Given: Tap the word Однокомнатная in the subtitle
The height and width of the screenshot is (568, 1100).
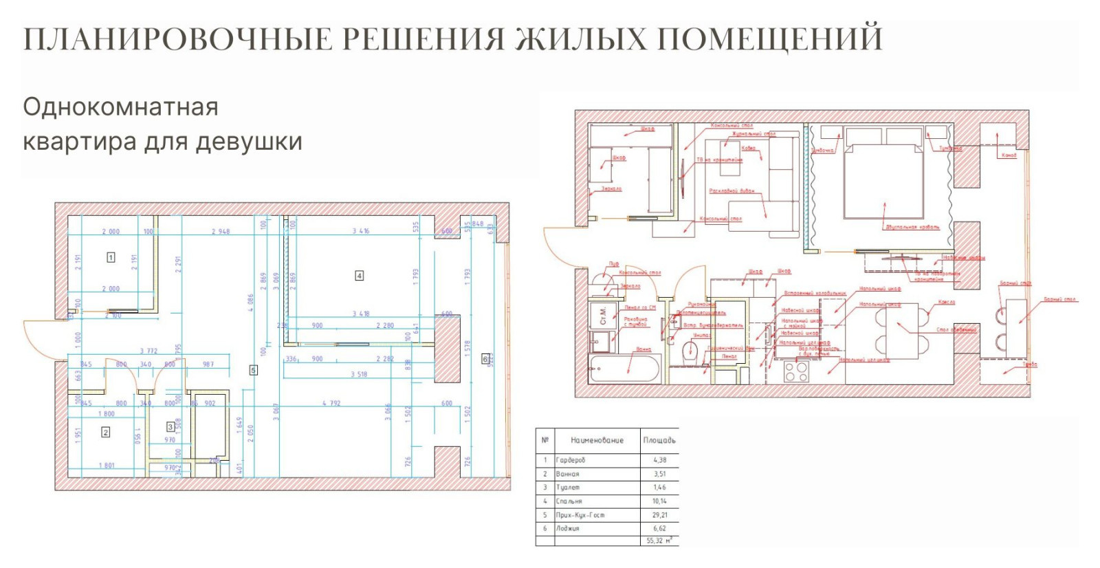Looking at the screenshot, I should (121, 107).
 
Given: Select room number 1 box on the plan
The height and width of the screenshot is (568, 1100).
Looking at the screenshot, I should (111, 257).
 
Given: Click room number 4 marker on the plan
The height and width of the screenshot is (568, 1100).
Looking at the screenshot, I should (359, 276).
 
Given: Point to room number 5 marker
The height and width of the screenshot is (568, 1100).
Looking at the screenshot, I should (253, 370).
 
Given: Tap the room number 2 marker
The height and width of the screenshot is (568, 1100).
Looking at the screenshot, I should (105, 433).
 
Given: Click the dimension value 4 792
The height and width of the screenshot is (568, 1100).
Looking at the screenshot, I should (331, 404).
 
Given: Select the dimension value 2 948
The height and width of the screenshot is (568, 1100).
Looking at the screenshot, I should (221, 232).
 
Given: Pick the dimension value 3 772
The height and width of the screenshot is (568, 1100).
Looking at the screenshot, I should (148, 351).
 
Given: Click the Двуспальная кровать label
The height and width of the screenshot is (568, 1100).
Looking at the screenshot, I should (912, 227).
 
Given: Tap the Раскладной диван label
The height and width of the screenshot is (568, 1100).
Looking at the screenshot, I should (731, 190).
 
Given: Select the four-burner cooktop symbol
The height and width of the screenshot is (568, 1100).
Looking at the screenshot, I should (797, 372).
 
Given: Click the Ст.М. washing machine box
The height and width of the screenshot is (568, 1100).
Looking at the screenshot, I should (603, 316).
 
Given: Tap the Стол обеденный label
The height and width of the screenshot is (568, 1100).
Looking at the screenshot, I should (956, 330).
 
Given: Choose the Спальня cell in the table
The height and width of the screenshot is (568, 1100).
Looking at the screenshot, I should (569, 501).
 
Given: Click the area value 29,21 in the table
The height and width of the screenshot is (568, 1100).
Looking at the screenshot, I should (659, 515).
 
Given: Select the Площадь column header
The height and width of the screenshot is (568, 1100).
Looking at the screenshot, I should (659, 440).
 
